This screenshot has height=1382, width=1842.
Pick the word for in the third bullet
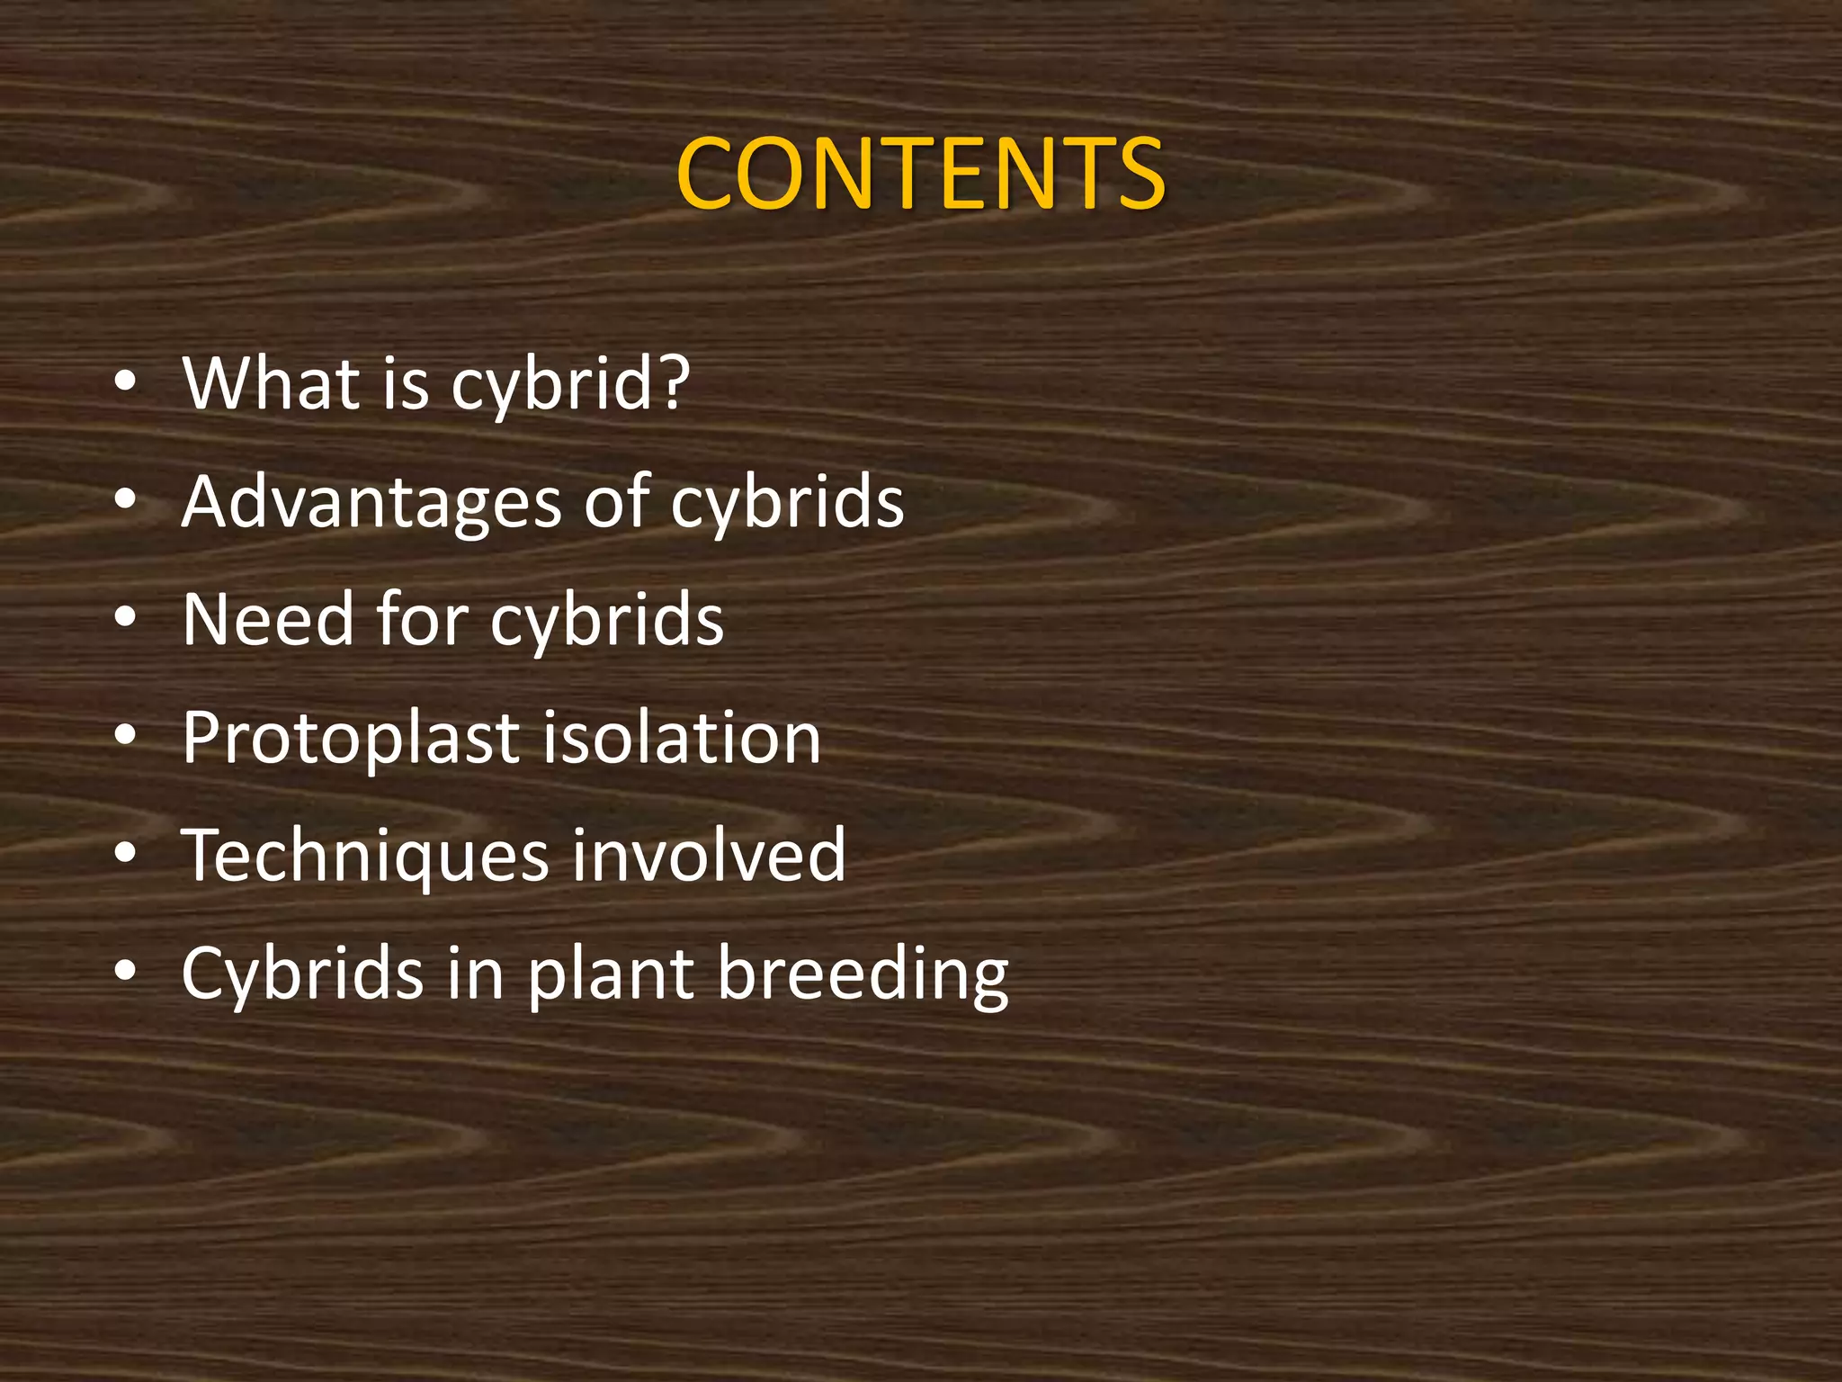coord(423,620)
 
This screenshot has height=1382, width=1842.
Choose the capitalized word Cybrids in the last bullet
coord(302,974)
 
